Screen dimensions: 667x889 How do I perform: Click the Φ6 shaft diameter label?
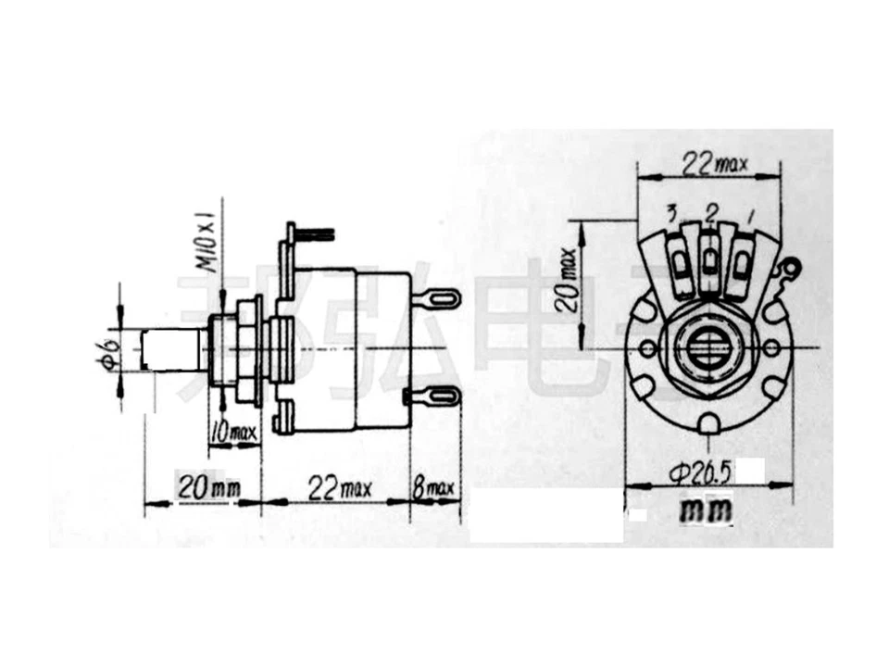(110, 353)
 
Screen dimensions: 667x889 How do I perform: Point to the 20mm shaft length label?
(204, 489)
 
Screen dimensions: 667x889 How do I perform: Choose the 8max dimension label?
(434, 489)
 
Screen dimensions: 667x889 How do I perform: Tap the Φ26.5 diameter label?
(700, 473)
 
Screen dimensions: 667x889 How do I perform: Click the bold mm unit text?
(706, 510)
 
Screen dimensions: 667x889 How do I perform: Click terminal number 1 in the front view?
(749, 218)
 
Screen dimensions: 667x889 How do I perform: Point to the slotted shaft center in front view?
(709, 348)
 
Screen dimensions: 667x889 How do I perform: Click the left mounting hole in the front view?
(647, 347)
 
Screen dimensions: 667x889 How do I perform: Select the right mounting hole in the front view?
(772, 347)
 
